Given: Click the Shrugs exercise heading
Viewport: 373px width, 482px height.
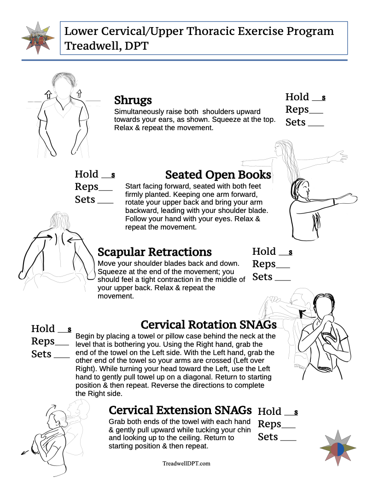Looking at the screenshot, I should pyautogui.click(x=133, y=100).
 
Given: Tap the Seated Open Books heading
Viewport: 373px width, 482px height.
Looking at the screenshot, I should pyautogui.click(x=218, y=175).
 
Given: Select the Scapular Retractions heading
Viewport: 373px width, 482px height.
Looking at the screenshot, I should pyautogui.click(x=155, y=252).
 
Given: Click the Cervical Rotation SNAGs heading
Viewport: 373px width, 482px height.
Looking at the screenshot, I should pyautogui.click(x=208, y=325).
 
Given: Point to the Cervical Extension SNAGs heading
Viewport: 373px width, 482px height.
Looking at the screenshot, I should pyautogui.click(x=180, y=410).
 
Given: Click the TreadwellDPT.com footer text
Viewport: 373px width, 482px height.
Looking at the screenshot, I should pyautogui.click(x=186, y=464).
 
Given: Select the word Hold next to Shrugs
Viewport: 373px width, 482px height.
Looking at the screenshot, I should pyautogui.click(x=297, y=97).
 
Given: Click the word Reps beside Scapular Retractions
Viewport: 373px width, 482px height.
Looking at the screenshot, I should pyautogui.click(x=264, y=264).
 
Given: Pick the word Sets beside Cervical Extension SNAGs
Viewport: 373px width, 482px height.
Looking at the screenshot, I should pyautogui.click(x=268, y=436).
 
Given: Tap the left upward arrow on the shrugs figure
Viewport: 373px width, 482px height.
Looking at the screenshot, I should pyautogui.click(x=47, y=95).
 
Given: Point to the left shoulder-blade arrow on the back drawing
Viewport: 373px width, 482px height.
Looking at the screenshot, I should pyautogui.click(x=44, y=236).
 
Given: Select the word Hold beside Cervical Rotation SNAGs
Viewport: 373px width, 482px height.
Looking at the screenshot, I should pyautogui.click(x=43, y=328).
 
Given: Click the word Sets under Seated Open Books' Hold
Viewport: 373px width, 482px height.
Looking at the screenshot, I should pyautogui.click(x=85, y=199).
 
